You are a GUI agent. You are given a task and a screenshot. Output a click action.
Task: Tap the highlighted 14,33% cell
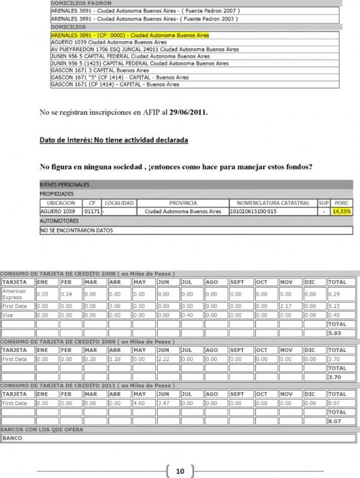(x=342, y=212)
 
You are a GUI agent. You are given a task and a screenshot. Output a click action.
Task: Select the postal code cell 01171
(x=91, y=212)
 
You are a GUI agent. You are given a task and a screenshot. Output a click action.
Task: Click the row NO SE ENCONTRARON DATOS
(x=76, y=230)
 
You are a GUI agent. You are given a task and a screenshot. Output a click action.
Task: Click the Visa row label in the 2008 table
(x=8, y=315)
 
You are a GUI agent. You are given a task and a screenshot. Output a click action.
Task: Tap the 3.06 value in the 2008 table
(x=115, y=305)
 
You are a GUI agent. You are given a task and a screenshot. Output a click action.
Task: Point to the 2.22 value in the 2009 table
(x=164, y=359)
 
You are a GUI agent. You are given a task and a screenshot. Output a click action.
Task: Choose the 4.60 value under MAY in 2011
(x=140, y=404)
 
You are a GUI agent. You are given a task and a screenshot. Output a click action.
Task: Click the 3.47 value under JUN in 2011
(x=164, y=404)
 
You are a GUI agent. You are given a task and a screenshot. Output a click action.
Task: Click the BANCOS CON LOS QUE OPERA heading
(x=42, y=430)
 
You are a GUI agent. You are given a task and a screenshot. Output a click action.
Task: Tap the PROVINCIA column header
(x=183, y=203)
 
